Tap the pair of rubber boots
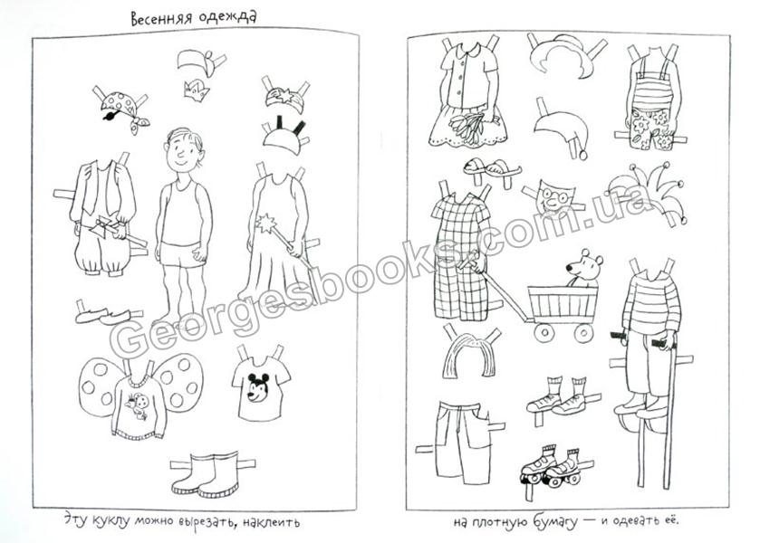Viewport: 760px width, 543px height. (206, 474)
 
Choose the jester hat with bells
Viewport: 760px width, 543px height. (646, 192)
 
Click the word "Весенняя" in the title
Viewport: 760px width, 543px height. (162, 19)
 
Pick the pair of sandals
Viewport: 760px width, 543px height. (492, 167)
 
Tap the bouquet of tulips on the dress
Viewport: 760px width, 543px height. (467, 127)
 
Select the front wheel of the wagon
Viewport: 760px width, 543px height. (544, 332)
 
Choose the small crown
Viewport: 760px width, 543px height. (197, 90)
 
